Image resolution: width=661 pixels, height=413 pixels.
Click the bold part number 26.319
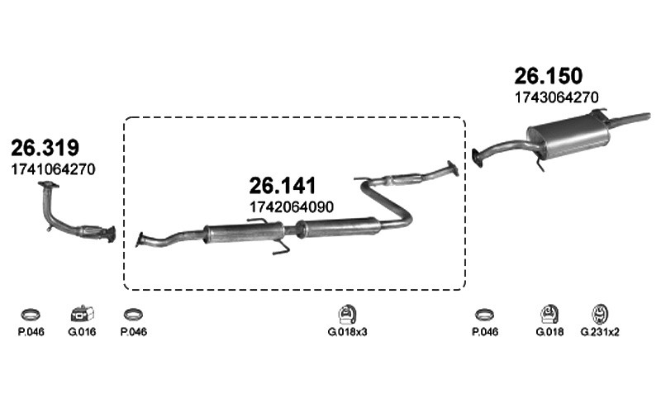point(45,148)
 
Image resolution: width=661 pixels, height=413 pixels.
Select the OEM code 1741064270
point(53,169)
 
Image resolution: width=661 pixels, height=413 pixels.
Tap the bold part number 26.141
point(283,185)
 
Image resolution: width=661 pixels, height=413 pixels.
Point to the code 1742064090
point(292,207)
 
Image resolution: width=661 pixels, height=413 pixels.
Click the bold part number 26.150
point(548,76)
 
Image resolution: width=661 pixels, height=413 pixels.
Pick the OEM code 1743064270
point(556,97)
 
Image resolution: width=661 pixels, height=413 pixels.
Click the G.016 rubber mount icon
point(82,314)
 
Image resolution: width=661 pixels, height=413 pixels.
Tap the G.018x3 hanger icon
point(347,314)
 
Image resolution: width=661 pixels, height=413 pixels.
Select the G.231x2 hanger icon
point(600,314)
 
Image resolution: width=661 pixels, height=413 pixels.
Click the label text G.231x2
point(600,332)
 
